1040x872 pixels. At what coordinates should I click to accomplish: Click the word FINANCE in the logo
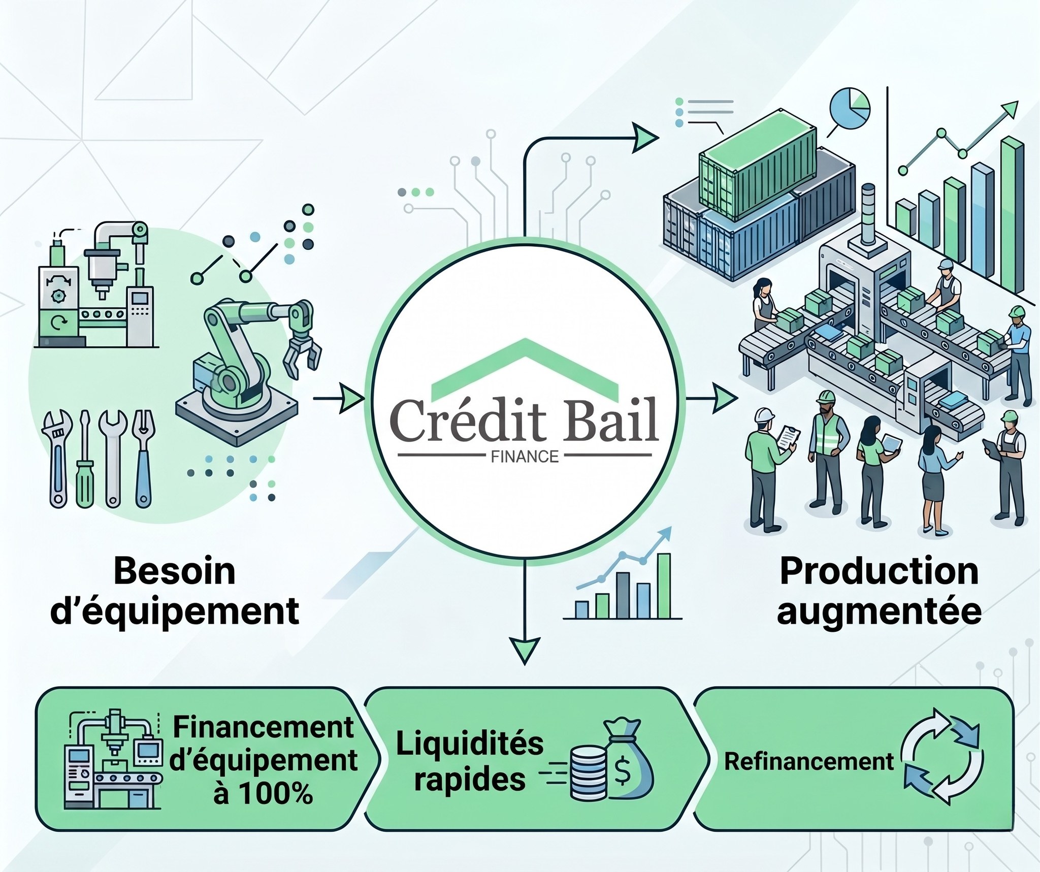pyautogui.click(x=525, y=457)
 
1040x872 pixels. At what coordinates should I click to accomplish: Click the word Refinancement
pyautogui.click(x=808, y=761)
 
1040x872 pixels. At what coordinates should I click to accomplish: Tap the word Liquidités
pyautogui.click(x=470, y=745)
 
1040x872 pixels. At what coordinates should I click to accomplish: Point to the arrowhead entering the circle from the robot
pyautogui.click(x=351, y=399)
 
